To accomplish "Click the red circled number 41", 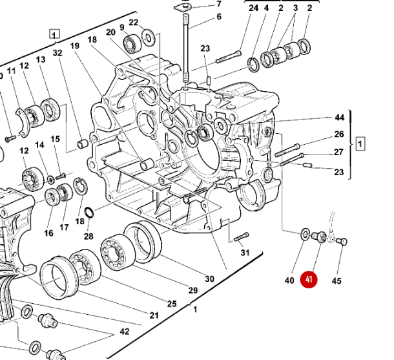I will click(310, 280).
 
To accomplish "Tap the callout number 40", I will click(289, 280).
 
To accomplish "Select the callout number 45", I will click(337, 281).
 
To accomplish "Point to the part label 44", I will click(339, 118).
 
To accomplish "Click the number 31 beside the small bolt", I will click(245, 252).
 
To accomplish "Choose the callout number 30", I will click(209, 279).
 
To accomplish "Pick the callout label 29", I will click(192, 291).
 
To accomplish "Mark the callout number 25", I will click(171, 303).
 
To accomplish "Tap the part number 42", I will click(124, 332).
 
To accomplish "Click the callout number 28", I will click(88, 236).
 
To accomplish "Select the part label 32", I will click(58, 53).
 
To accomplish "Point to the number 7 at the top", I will click(218, 4).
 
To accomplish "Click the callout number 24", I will click(253, 8).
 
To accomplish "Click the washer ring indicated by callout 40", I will click(304, 233).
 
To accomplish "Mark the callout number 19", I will click(74, 46).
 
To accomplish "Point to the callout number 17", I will click(64, 227).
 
